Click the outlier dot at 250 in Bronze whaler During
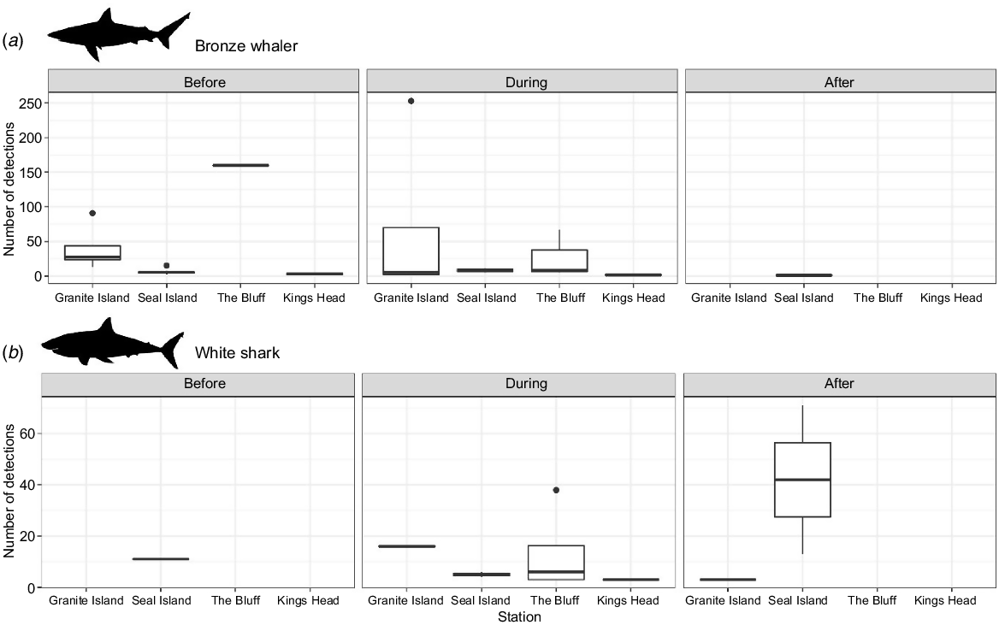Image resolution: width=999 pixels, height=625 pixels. [411, 101]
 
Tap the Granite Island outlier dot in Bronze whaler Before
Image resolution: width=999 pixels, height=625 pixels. [92, 213]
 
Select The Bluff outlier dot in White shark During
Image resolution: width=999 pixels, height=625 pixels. [556, 490]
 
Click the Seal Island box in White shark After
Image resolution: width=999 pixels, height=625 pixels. [803, 480]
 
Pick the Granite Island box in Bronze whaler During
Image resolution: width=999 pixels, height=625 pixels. [411, 251]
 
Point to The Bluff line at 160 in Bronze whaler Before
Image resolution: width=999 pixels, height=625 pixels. [241, 165]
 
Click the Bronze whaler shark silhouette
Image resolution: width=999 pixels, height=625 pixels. [119, 34]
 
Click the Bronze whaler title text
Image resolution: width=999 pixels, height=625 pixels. [246, 46]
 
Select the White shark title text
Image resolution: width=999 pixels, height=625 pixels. [237, 353]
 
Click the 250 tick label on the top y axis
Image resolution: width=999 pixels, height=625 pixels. [31, 103]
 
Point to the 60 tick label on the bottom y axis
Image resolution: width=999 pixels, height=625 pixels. [27, 433]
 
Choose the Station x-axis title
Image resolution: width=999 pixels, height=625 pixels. [519, 616]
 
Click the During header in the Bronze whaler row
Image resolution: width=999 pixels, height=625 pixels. [526, 82]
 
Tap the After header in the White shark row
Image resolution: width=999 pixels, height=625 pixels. [839, 384]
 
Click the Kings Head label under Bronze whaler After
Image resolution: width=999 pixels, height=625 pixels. [951, 298]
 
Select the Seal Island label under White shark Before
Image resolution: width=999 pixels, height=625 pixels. [161, 600]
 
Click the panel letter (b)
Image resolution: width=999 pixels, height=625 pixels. [14, 352]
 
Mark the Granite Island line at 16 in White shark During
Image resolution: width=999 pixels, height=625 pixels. [407, 546]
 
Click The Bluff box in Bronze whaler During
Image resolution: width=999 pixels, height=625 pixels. [559, 261]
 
